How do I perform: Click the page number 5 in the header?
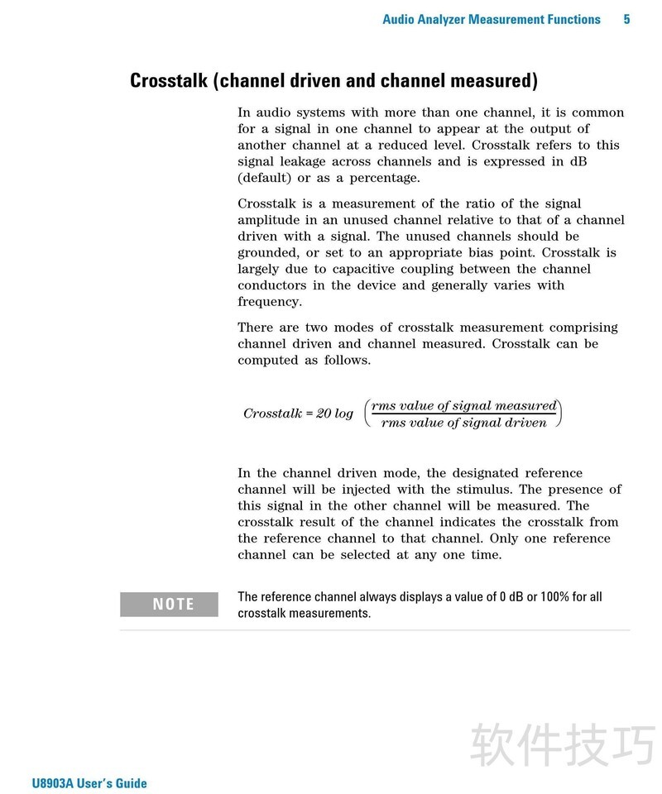click(627, 19)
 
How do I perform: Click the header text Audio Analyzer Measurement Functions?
click(491, 19)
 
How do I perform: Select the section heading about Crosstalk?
click(333, 81)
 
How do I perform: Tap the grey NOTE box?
click(170, 605)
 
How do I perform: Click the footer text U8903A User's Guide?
click(89, 783)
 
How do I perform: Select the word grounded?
click(266, 252)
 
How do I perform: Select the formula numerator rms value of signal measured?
click(463, 405)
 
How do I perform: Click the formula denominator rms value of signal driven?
click(463, 423)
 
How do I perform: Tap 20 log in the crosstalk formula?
click(334, 414)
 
